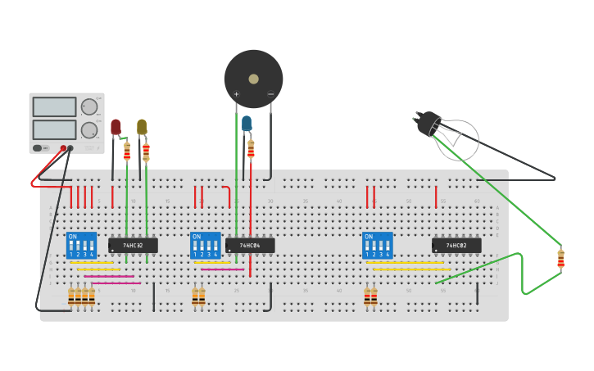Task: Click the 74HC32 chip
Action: (133, 245)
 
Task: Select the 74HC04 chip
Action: (250, 245)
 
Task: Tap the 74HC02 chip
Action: (456, 245)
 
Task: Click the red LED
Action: (116, 127)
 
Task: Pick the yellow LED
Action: (142, 127)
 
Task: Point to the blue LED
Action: (247, 124)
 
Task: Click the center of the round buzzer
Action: (253, 79)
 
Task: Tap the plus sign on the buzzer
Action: (237, 94)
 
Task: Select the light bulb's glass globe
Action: (457, 139)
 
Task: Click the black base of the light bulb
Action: (428, 123)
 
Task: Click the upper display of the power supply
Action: (54, 106)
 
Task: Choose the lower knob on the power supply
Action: (88, 129)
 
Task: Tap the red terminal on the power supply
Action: (63, 148)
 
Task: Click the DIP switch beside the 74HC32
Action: (81, 245)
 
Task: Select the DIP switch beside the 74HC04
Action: (206, 245)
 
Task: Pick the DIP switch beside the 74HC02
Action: (377, 245)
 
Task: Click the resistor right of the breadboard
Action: (560, 259)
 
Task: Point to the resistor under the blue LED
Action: (251, 149)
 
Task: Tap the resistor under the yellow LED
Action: (146, 152)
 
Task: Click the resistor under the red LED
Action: (127, 151)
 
